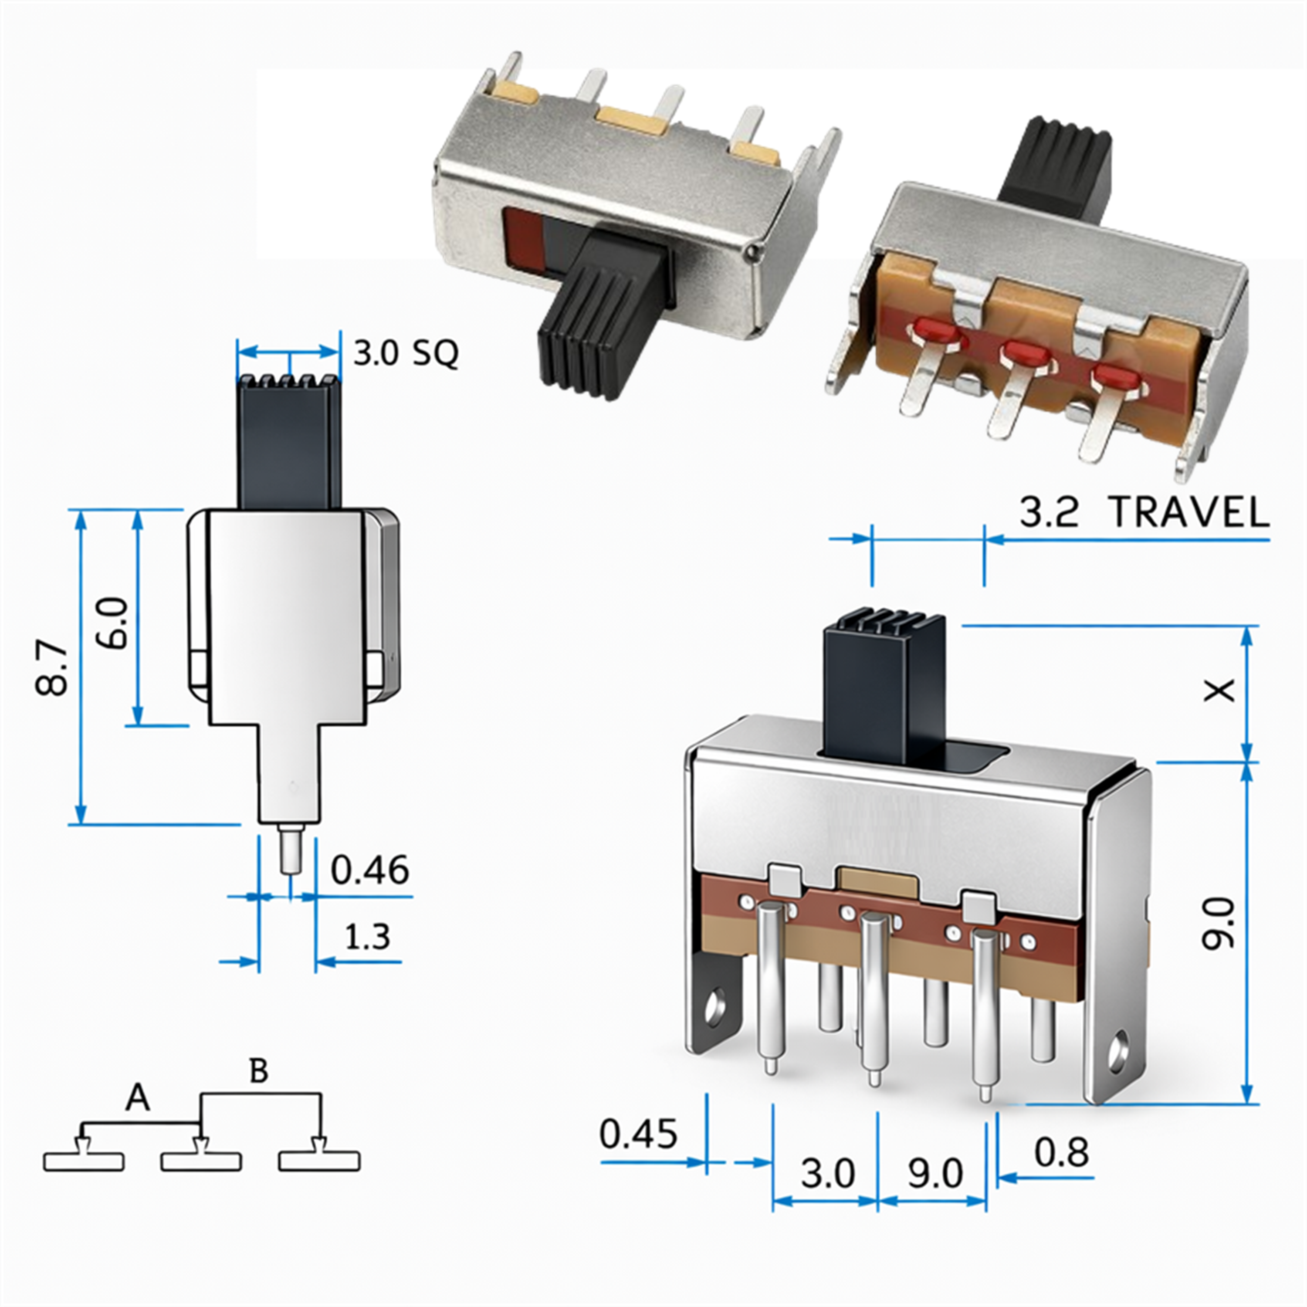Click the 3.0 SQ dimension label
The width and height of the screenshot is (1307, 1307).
(x=406, y=353)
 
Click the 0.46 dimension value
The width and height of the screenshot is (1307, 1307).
(x=370, y=870)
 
